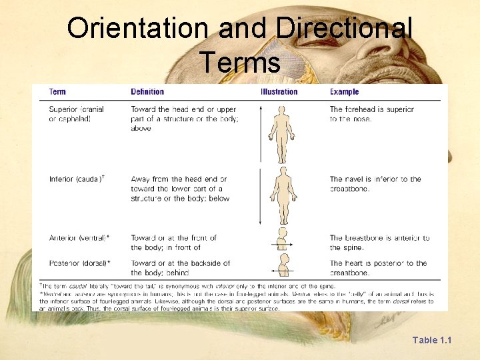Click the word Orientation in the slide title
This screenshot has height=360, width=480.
click(x=137, y=29)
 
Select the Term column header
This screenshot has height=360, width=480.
click(x=57, y=91)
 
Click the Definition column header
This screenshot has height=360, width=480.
click(x=147, y=91)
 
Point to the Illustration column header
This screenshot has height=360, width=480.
click(x=279, y=91)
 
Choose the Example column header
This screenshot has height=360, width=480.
click(x=344, y=91)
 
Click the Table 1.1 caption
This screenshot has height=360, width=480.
click(x=431, y=340)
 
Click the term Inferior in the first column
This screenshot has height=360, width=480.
click(x=61, y=179)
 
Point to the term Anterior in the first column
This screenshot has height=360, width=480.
click(x=63, y=238)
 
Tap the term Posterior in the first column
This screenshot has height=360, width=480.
click(x=64, y=263)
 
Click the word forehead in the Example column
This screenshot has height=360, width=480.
click(x=364, y=109)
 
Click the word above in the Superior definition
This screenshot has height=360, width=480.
click(x=141, y=128)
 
